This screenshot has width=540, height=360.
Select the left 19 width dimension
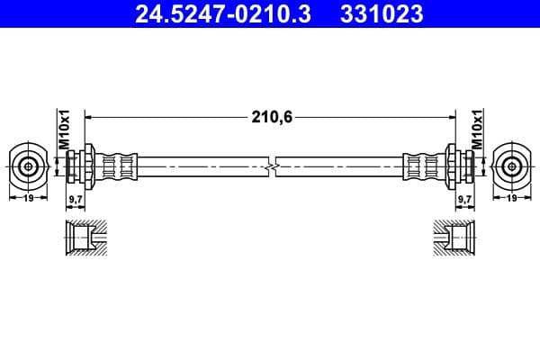[x=29, y=197]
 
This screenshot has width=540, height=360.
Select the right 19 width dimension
[x=511, y=197]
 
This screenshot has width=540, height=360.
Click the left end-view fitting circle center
[x=29, y=166]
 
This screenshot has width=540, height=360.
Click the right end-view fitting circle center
[x=511, y=166]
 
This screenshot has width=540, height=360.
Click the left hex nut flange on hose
[x=89, y=166]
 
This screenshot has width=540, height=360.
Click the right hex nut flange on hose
[x=451, y=166]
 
